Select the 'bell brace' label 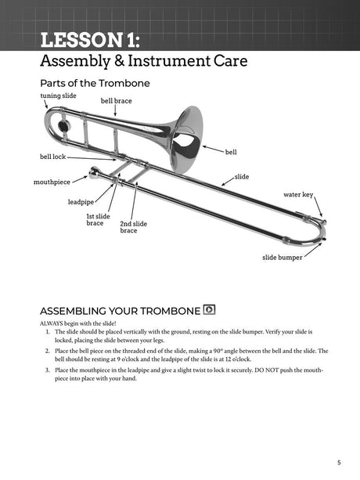116,101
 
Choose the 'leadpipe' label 81,201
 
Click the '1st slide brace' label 99,220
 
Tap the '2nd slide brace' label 133,227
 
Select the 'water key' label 297,194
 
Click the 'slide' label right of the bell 242,177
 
